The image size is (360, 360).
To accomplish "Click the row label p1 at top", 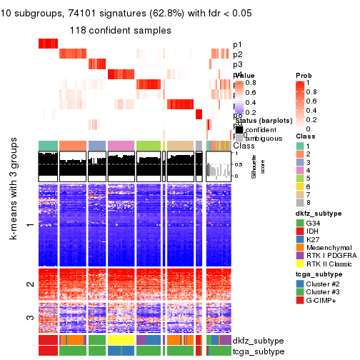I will (x=237, y=45).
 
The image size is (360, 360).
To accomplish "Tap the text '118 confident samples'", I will (x=120, y=30).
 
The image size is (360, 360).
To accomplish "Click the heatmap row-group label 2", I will (x=29, y=284).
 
